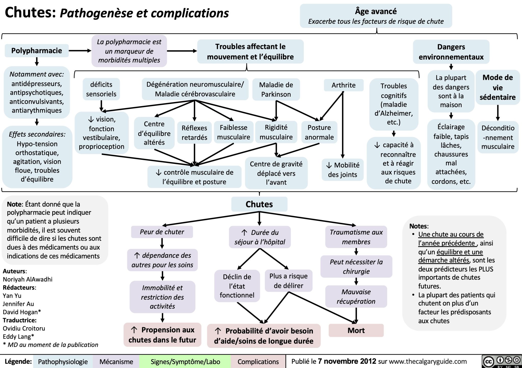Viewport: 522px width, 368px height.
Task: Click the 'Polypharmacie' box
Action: pos(37,51)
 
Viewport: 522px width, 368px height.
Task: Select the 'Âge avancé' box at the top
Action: pos(376,16)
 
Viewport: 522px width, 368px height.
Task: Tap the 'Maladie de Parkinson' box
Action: pos(276,89)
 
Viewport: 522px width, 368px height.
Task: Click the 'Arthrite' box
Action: pos(343,85)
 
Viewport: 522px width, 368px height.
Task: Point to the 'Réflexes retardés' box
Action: pos(194,133)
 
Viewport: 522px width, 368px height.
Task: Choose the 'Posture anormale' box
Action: pos(319,132)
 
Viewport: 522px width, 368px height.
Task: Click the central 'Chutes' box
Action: pos(259,204)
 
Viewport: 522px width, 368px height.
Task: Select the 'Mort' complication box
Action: pos(356,330)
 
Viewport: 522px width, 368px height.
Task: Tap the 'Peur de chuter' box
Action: pos(162,232)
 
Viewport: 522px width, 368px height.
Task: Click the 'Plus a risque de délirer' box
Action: pos(289,281)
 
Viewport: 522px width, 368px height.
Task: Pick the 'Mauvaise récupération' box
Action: pos(356,296)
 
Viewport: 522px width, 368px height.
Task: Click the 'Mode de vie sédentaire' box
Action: pos(498,87)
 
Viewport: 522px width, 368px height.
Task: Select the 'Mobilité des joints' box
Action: pos(342,170)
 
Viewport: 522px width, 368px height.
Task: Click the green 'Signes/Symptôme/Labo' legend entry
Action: pos(185,362)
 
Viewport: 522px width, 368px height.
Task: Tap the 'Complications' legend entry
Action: pos(258,362)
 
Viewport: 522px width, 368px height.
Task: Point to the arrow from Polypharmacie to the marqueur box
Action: pos(80,51)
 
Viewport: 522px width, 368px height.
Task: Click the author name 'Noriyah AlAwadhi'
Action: pos(28,279)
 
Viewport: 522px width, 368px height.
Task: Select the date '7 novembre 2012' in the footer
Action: pos(347,361)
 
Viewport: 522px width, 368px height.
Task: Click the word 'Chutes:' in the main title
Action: pos(30,13)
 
